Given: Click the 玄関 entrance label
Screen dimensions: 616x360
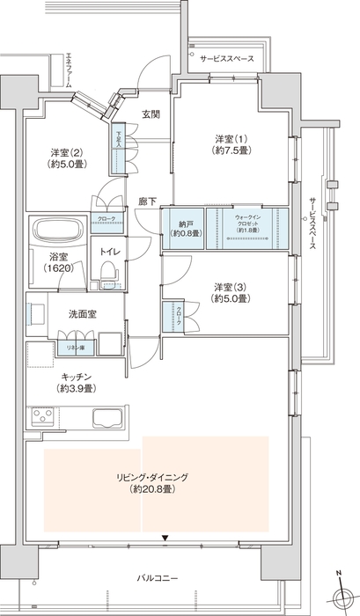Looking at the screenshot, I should (x=151, y=115).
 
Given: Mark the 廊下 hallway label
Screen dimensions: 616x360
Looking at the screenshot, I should (x=147, y=202).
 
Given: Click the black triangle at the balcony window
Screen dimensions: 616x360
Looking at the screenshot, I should (x=164, y=537).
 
